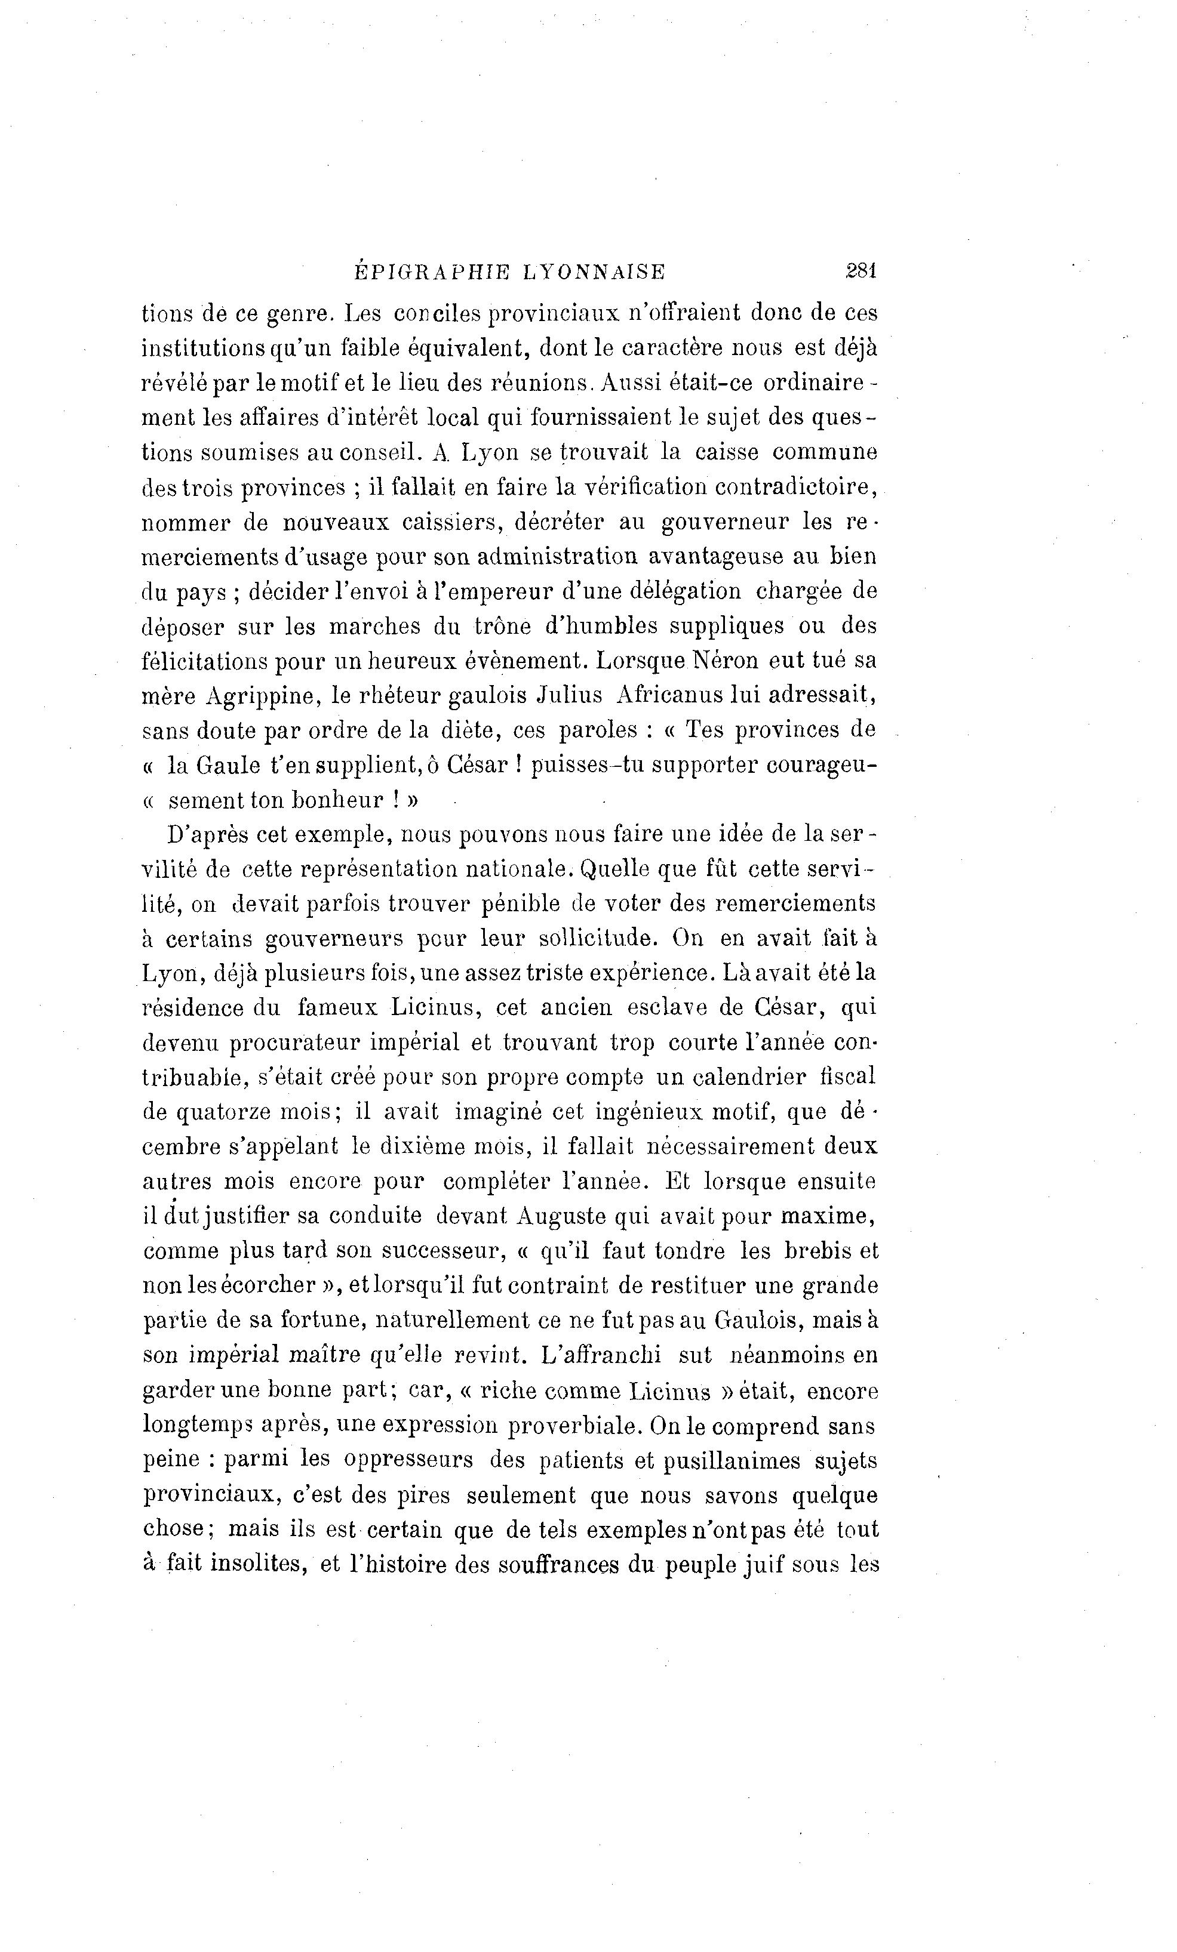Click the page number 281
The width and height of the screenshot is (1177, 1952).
[860, 271]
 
